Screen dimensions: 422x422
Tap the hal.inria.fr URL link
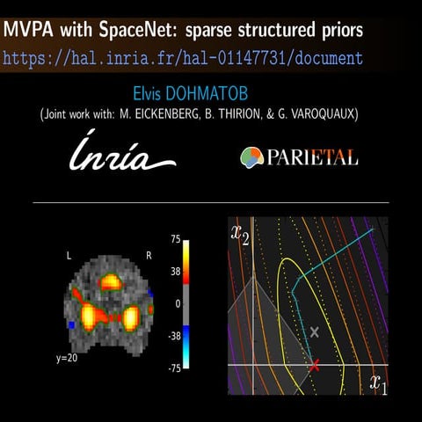click(x=183, y=59)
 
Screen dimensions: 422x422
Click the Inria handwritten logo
click(x=122, y=153)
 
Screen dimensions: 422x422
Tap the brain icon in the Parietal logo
click(x=252, y=156)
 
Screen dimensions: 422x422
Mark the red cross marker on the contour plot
click(x=314, y=363)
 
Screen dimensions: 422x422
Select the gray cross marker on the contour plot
click(x=315, y=331)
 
